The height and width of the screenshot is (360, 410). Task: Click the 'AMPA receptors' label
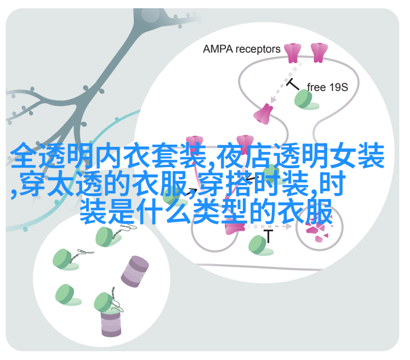click(241, 49)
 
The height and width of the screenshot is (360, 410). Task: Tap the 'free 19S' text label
click(327, 87)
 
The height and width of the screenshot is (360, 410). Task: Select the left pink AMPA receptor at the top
click(293, 53)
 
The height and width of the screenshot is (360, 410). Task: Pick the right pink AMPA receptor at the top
click(319, 53)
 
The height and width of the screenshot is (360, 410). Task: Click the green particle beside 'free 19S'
click(306, 100)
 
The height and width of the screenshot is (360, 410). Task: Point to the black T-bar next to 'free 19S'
click(293, 84)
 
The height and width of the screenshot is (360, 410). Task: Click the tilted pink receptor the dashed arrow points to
click(263, 114)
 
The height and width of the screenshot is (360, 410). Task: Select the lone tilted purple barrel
click(135, 272)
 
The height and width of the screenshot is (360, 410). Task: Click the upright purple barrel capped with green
click(111, 322)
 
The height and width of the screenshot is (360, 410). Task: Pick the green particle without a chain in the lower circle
click(68, 295)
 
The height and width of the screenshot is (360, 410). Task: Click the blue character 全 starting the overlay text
click(24, 156)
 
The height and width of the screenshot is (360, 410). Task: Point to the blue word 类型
click(220, 212)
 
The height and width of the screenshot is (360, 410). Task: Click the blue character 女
click(343, 156)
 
